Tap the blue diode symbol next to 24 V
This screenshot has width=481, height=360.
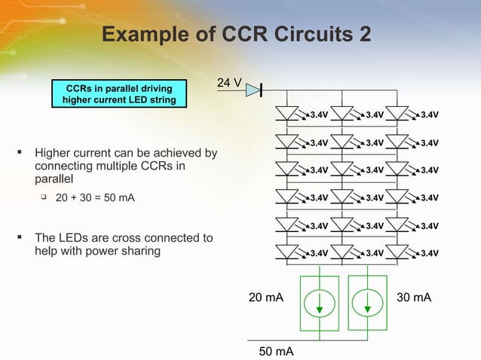(x=253, y=90)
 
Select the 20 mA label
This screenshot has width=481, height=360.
(x=266, y=298)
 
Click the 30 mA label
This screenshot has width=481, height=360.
(x=414, y=298)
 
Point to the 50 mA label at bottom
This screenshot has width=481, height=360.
(x=276, y=352)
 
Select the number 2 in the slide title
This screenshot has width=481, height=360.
(x=363, y=35)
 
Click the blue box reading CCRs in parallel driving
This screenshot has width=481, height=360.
(x=119, y=94)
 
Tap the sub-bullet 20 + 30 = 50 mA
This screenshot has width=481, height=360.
(x=96, y=198)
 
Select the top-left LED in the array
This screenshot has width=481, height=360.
(x=287, y=114)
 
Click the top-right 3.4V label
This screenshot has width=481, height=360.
(x=430, y=115)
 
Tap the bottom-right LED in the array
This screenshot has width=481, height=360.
(x=397, y=252)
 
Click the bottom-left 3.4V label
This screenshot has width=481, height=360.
(x=319, y=253)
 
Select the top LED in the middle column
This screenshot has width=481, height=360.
(x=342, y=114)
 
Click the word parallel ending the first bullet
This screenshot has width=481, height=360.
(x=54, y=179)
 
